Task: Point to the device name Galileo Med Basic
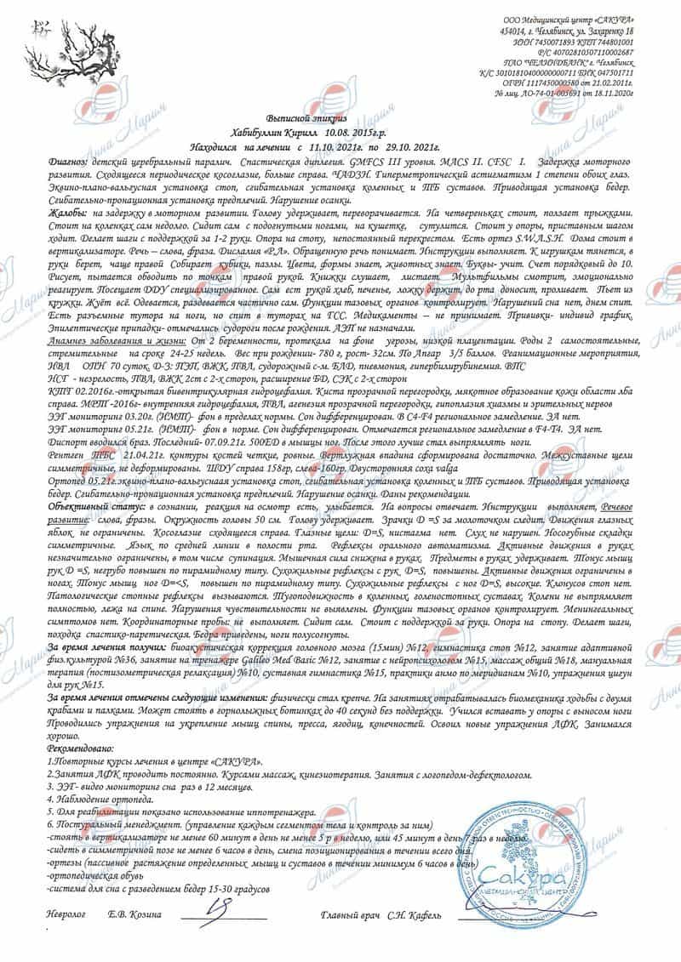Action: click(x=312, y=659)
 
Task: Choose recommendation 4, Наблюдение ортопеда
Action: click(x=94, y=800)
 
